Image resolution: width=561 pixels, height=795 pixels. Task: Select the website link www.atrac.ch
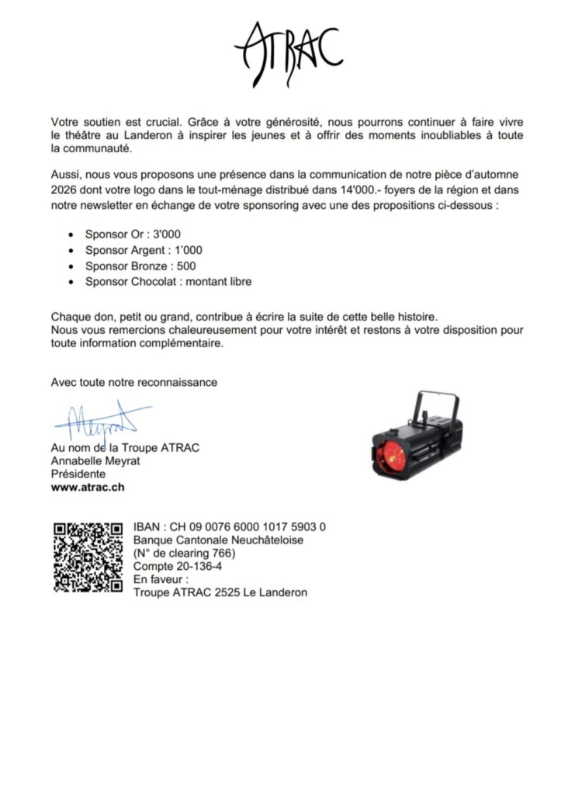88,488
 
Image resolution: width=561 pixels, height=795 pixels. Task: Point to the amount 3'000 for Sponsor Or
167,234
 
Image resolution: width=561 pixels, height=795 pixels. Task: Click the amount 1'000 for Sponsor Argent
183,250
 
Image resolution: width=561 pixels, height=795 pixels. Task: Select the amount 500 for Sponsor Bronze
186,266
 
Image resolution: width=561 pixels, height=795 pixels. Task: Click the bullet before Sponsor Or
71,234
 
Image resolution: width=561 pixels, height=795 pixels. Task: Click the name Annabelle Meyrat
91,460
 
